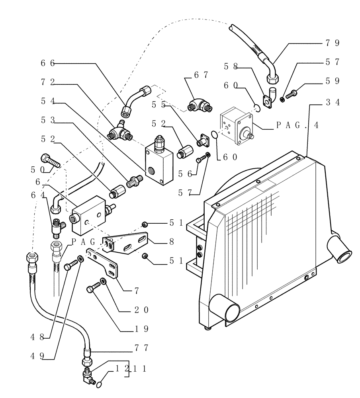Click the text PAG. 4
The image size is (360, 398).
297,125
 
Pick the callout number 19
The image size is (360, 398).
141,329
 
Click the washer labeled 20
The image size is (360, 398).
103,281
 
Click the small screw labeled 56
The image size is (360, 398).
200,159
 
